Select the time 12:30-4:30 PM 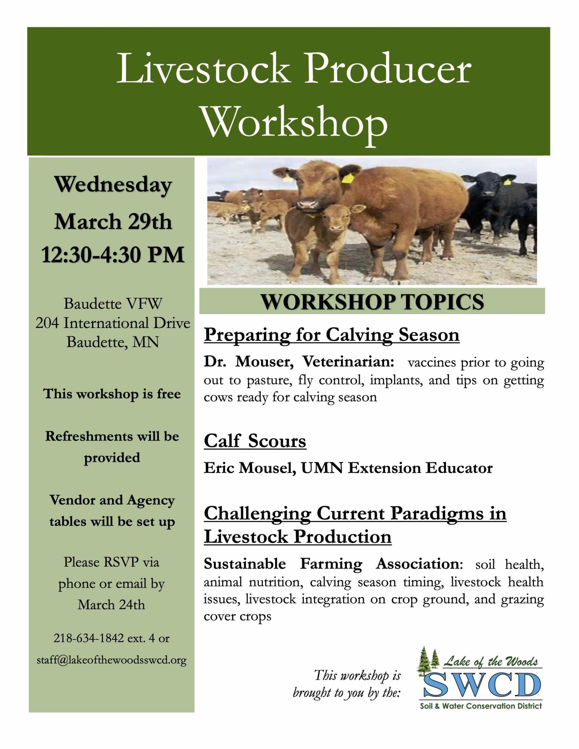(113, 255)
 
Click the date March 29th (113, 221)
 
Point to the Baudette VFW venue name (113, 304)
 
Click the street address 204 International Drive (113, 323)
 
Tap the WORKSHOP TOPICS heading (372, 302)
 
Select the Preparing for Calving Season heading (331, 335)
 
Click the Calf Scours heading (255, 441)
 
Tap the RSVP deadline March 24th (111, 605)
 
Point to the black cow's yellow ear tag (507, 182)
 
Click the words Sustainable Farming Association (331, 564)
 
